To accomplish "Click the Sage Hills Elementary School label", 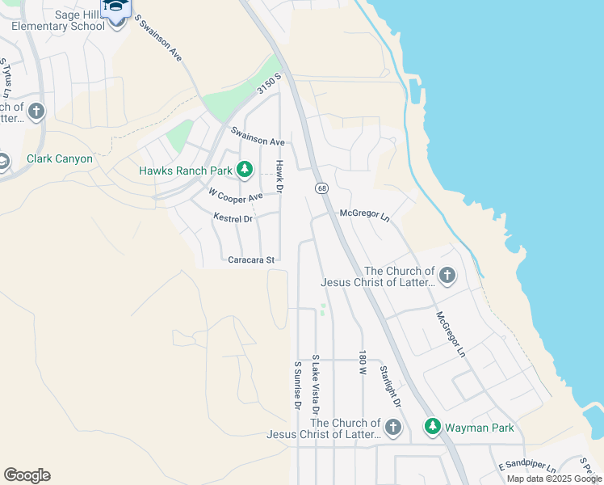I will click(x=57, y=20).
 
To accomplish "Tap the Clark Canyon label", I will click(x=60, y=158).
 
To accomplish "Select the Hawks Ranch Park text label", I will click(x=185, y=171).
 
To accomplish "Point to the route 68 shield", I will click(x=321, y=188).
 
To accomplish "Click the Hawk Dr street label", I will click(x=280, y=176).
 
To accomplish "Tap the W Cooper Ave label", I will click(x=235, y=196).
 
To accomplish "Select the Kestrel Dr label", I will click(x=233, y=218).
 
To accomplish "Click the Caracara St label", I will click(x=252, y=260).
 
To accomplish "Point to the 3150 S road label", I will click(x=269, y=84).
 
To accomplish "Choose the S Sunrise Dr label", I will click(x=297, y=385).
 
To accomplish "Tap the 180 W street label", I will click(x=363, y=365).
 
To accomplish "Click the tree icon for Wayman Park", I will click(x=432, y=426).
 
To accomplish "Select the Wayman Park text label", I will click(x=479, y=428).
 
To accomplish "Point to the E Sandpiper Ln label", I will click(x=526, y=467).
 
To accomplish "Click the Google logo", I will click(x=27, y=475).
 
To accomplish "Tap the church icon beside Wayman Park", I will click(x=392, y=428).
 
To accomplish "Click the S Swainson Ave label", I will click(x=157, y=38).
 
